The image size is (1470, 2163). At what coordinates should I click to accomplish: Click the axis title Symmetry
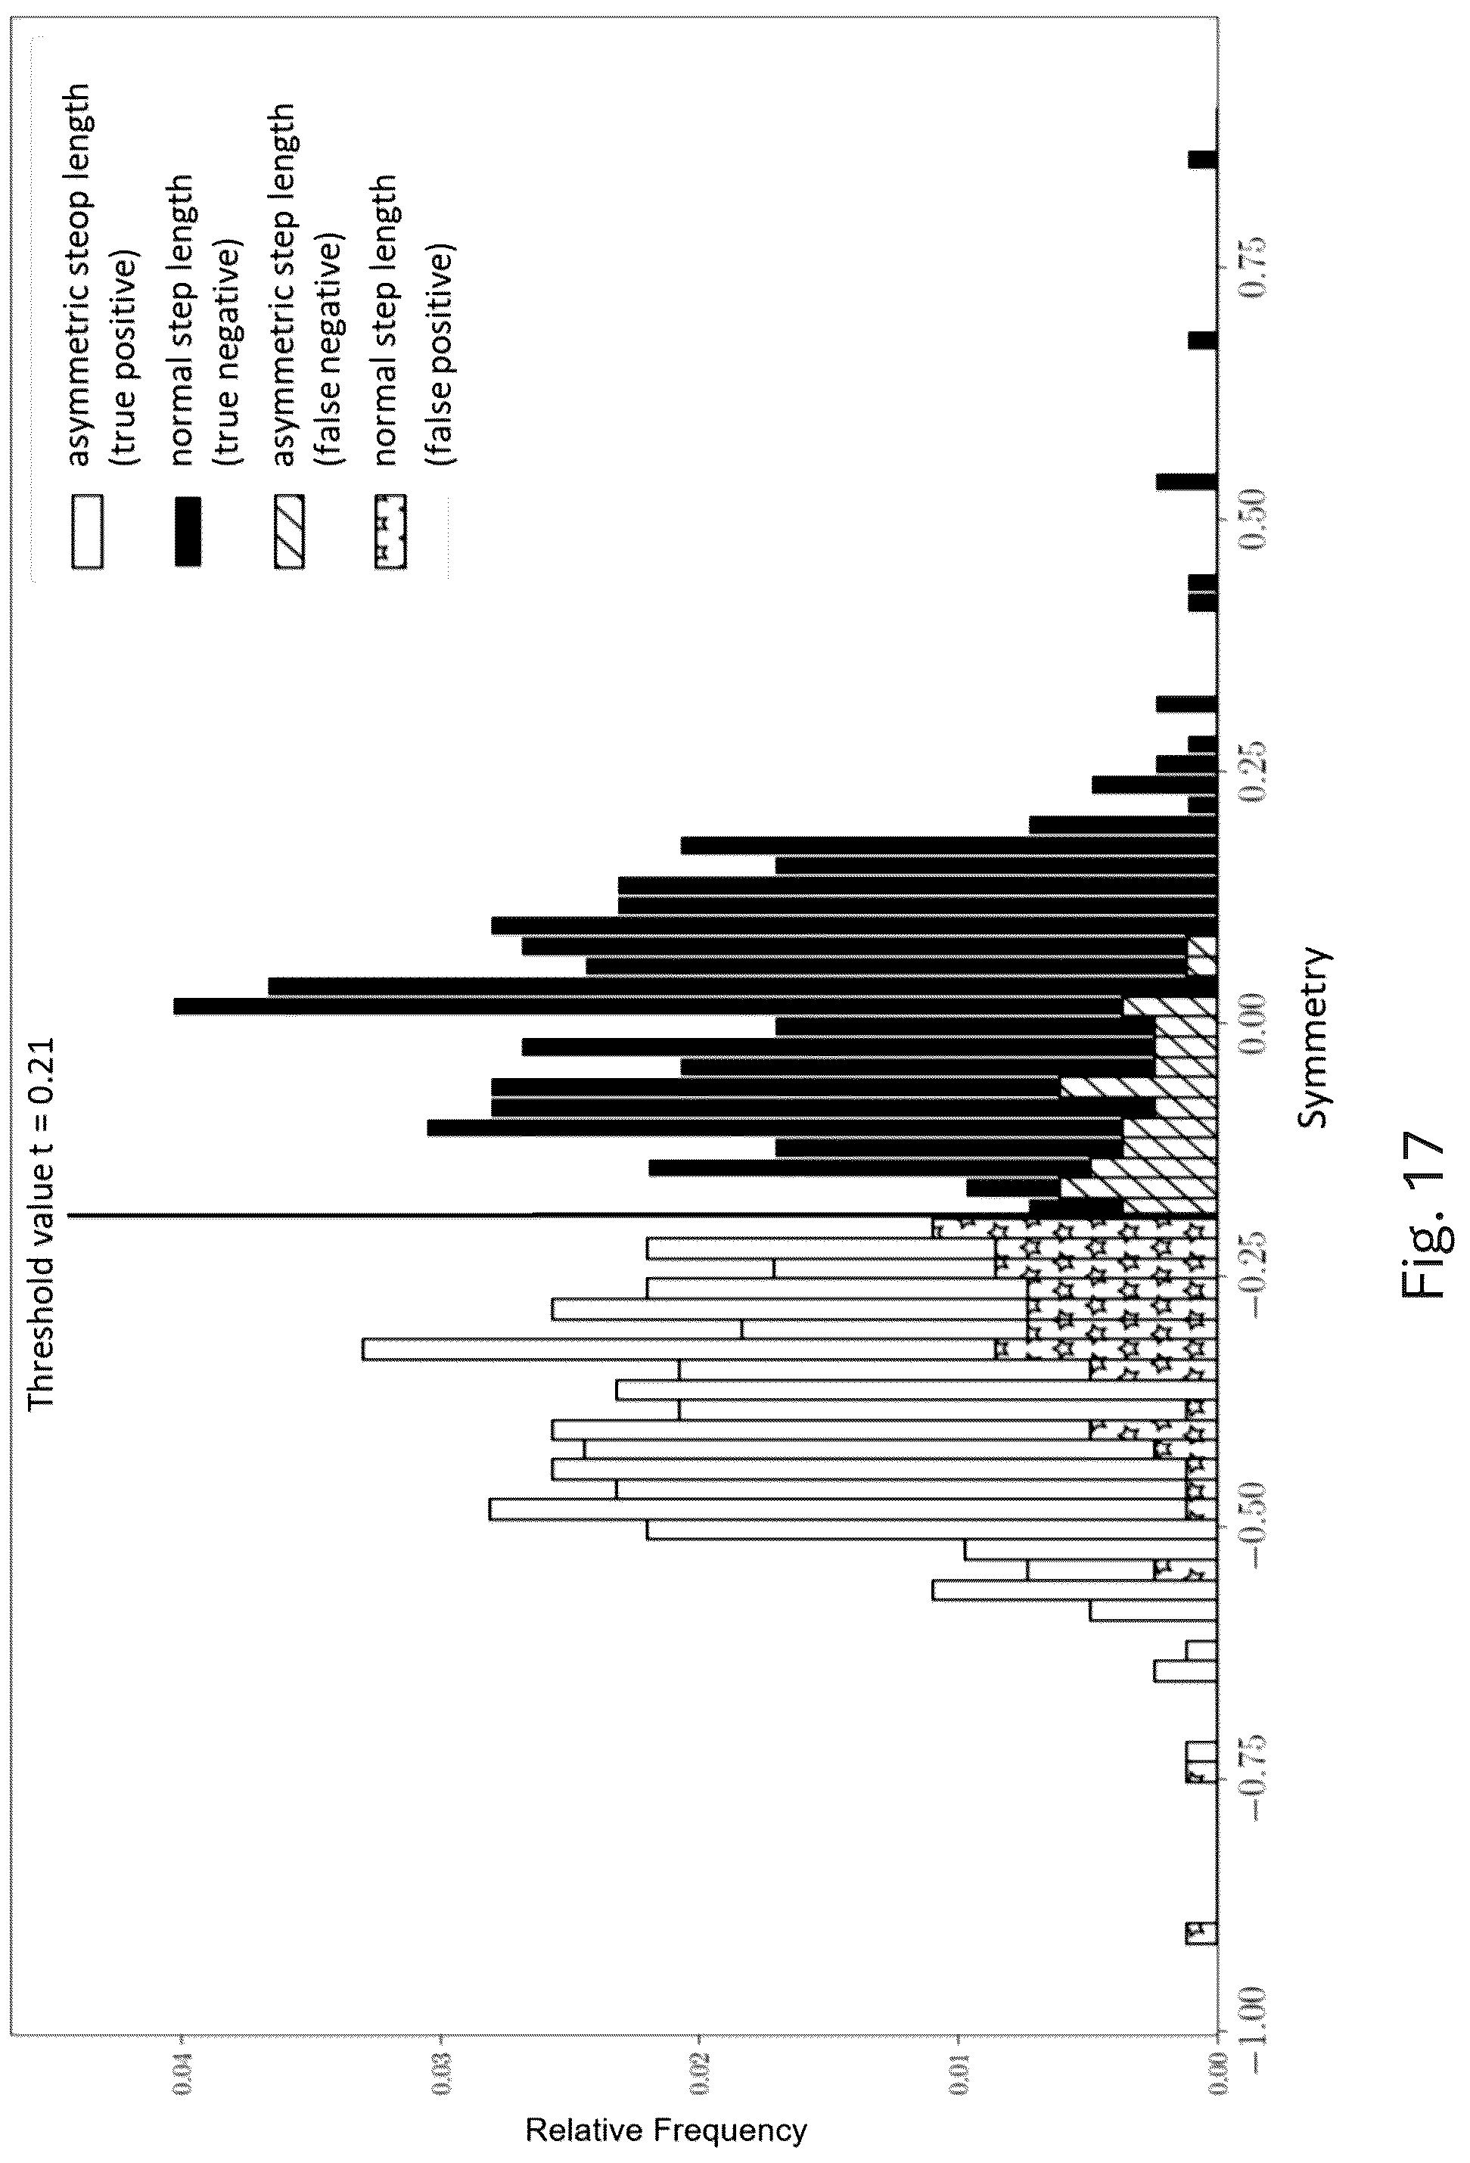tap(1313, 1038)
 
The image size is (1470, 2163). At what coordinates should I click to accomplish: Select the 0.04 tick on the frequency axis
tap(182, 2066)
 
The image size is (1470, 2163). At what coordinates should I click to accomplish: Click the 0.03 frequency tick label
tap(441, 2066)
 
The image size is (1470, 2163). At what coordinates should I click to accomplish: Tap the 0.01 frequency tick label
tap(959, 2066)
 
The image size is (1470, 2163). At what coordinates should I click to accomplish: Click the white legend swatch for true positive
tap(86, 531)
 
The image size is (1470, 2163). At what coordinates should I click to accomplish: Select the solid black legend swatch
tap(186, 531)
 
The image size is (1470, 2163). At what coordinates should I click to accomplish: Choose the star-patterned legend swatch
tap(390, 531)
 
